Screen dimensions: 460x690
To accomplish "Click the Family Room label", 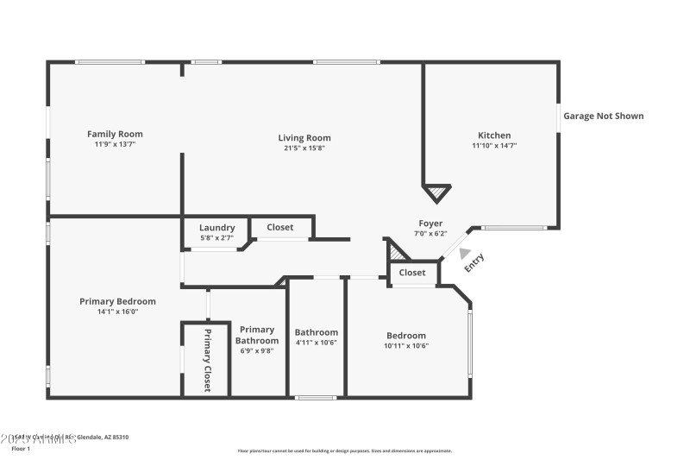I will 115,134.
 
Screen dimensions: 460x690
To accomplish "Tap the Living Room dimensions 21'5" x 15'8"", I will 304,148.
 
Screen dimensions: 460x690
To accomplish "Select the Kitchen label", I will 494,135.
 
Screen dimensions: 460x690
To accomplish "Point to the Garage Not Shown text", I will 603,116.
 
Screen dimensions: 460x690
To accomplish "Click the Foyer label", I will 430,224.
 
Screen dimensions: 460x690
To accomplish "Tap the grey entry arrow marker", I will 465,254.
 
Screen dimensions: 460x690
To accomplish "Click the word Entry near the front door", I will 475,262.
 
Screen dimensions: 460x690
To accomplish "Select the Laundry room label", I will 216,228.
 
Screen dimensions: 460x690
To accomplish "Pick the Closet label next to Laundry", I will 279,228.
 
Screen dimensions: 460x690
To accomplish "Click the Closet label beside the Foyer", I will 412,273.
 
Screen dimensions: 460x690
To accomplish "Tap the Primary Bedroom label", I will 117,301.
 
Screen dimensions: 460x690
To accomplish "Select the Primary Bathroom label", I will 257,335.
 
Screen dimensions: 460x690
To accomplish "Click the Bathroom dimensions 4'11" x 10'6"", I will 316,343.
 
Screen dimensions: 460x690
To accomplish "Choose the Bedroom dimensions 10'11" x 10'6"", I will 405,345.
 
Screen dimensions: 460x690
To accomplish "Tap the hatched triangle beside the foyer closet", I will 398,253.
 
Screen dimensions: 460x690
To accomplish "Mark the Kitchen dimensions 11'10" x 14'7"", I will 494,146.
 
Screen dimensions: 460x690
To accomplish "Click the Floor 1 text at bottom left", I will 21,449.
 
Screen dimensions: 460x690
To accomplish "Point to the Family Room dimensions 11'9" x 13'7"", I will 115,144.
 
